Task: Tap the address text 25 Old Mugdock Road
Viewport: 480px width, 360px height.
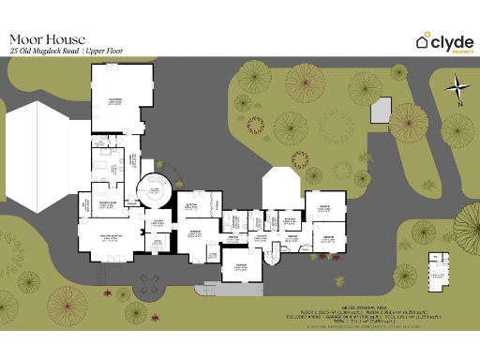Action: (x=43, y=52)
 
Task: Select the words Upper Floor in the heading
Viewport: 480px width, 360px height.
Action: (x=105, y=52)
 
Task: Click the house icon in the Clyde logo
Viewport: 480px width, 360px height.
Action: (x=424, y=40)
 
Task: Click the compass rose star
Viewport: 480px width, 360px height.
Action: (x=457, y=90)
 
